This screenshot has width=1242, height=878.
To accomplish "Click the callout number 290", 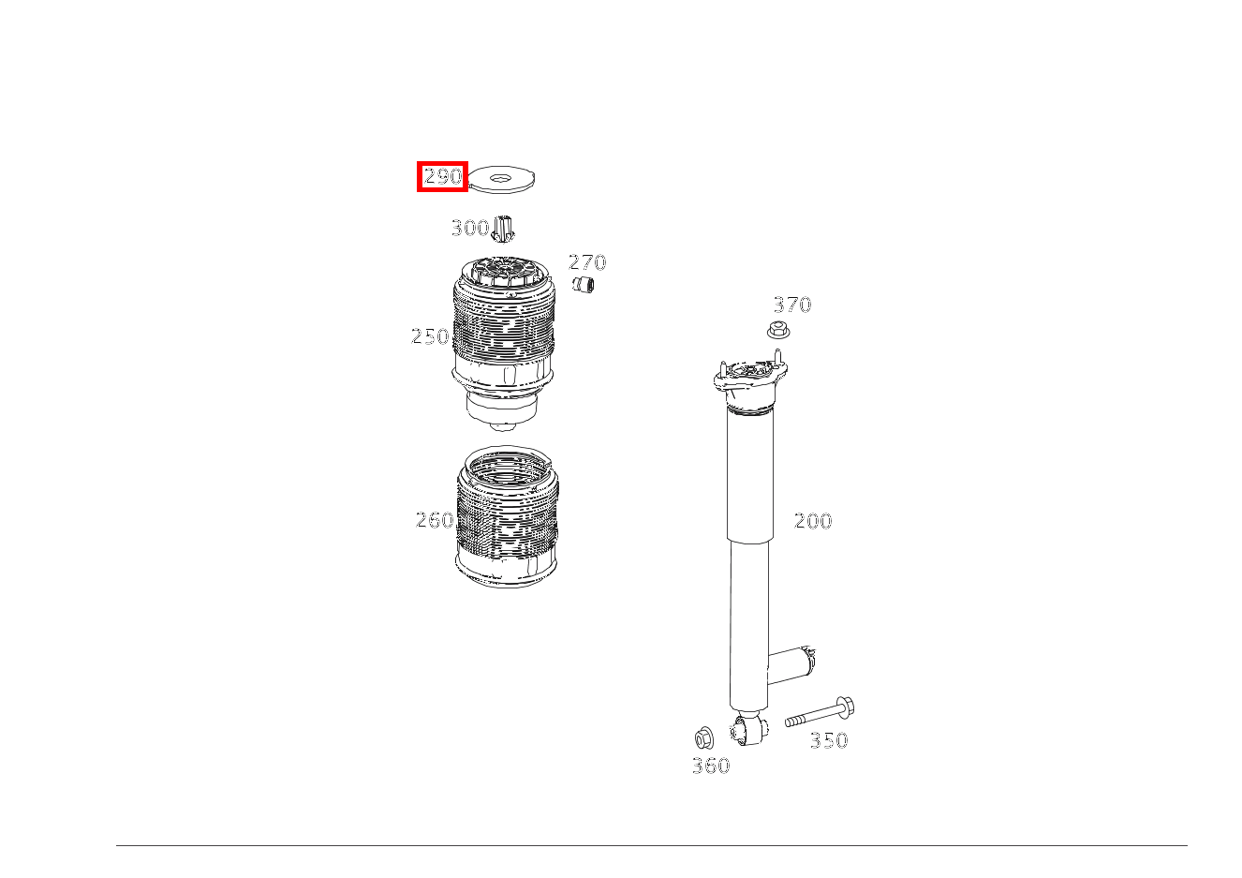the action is [x=442, y=176].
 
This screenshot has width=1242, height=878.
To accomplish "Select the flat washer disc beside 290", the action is [x=501, y=179].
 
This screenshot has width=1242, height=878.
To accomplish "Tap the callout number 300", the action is [x=470, y=228].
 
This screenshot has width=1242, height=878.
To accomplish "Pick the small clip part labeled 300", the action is [x=503, y=229].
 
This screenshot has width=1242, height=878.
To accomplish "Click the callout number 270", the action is [x=587, y=261].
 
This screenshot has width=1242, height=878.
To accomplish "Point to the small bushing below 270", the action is [x=583, y=285].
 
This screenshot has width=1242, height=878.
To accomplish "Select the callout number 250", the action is [x=430, y=336].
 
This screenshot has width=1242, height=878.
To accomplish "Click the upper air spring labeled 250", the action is [x=504, y=343].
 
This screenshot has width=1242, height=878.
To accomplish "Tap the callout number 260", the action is [x=435, y=520].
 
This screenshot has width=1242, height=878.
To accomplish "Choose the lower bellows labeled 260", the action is [x=507, y=515].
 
